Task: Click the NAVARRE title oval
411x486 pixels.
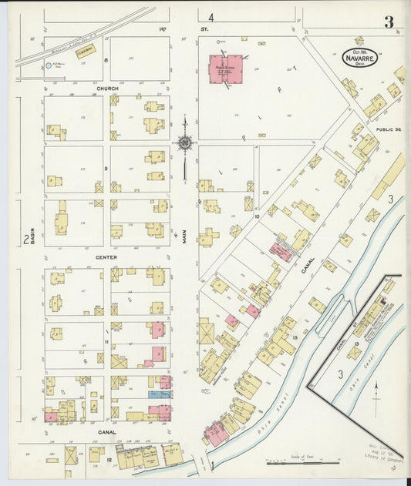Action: (360, 58)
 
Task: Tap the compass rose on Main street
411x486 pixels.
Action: (185, 142)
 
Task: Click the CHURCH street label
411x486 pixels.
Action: (107, 89)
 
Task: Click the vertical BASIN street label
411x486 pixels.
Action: (34, 223)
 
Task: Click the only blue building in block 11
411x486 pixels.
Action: (155, 394)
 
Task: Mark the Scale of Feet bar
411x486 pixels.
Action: (302, 462)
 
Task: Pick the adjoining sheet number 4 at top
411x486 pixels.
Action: (211, 16)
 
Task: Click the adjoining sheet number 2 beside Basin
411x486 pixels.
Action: (26, 240)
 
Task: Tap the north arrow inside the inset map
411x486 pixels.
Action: (376, 390)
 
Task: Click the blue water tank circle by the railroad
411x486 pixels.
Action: (49, 66)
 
